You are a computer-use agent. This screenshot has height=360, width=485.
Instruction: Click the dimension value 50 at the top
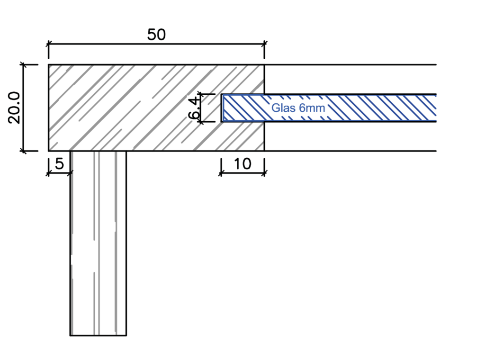pos(156,35)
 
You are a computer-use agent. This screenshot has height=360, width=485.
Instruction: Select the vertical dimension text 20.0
pos(14,108)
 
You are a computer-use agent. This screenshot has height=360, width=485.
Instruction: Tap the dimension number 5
pos(59,163)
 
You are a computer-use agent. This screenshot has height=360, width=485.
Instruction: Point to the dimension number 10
pos(242,164)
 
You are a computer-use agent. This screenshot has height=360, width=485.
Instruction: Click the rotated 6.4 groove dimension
pos(194,108)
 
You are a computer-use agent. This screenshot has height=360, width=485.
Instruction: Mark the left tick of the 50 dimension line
pos(48,44)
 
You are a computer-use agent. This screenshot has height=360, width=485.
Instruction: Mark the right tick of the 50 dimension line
pos(264,44)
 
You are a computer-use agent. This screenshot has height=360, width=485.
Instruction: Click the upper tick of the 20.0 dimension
pos(24,64)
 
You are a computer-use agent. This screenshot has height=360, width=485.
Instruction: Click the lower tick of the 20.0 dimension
pos(24,151)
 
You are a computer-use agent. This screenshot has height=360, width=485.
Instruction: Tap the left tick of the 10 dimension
pos(221,173)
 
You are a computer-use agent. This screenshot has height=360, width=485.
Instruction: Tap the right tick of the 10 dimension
pos(264,173)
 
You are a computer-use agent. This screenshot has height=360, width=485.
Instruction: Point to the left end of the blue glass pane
pos(222,108)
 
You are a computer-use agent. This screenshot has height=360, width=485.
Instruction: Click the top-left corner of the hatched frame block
pos(49,65)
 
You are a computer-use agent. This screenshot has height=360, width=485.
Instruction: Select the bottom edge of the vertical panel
pos(98,335)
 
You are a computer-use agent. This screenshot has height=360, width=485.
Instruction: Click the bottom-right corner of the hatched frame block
pos(264,151)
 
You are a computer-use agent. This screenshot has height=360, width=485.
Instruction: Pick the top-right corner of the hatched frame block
pos(264,65)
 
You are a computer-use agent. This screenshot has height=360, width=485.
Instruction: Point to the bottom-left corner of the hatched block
pos(49,151)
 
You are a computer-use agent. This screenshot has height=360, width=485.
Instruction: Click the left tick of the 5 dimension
pos(48,173)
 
